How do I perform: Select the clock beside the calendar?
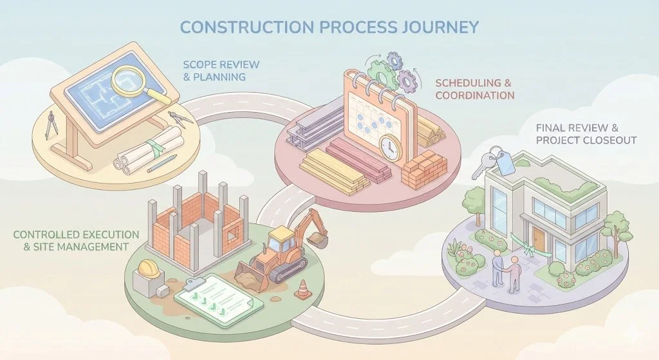pos(390,149)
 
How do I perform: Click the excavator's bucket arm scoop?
pos(317,239)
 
